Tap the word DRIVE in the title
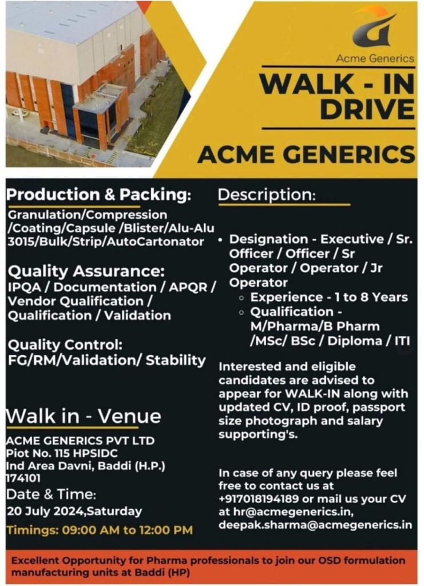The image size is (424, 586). click(367, 109)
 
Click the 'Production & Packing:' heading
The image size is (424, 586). click(99, 195)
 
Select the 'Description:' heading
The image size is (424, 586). click(267, 195)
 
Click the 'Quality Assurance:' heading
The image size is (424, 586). click(86, 271)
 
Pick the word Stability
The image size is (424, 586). click(176, 361)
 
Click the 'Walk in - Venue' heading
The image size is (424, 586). click(84, 416)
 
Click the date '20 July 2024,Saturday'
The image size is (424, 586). click(74, 511)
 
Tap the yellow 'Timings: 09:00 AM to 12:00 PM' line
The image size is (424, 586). click(100, 530)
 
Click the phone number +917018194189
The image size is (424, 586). click(259, 499)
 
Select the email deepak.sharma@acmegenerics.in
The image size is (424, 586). click(315, 525)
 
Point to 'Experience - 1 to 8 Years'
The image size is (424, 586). click(329, 298)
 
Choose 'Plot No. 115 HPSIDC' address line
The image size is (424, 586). click(62, 453)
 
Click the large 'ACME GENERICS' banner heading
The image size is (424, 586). click(306, 155)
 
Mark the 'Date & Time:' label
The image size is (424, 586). click(51, 494)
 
